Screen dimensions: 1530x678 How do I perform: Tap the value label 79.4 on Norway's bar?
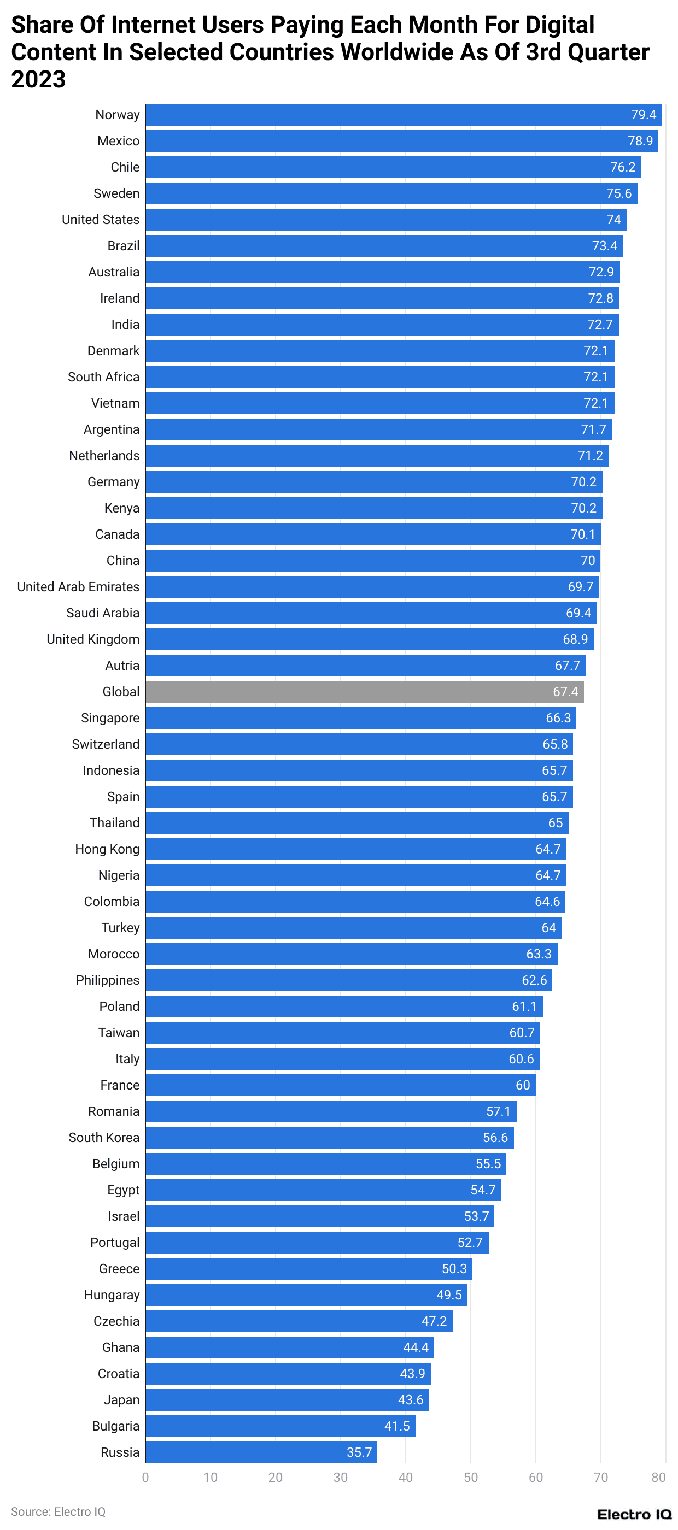tap(643, 115)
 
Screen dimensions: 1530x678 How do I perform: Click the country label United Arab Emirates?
tap(78, 587)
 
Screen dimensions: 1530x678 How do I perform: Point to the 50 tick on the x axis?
tap(470, 1478)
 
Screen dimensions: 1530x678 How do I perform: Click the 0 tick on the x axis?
tap(145, 1478)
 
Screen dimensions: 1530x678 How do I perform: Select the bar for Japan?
tap(287, 1400)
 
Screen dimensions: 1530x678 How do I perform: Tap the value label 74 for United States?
tap(613, 220)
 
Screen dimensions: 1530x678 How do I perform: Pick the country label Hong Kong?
tap(107, 849)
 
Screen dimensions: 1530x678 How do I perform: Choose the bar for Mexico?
tap(401, 141)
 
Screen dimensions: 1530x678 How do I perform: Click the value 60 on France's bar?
tap(522, 1085)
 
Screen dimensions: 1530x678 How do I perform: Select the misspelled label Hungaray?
tap(112, 1295)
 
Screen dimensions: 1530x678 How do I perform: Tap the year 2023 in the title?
tap(38, 79)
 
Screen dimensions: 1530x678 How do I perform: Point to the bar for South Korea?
tap(329, 1138)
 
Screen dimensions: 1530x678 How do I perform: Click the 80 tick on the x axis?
tap(658, 1478)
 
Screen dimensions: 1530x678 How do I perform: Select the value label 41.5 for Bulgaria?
tap(396, 1426)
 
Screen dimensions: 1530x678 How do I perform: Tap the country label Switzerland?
tap(105, 744)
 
